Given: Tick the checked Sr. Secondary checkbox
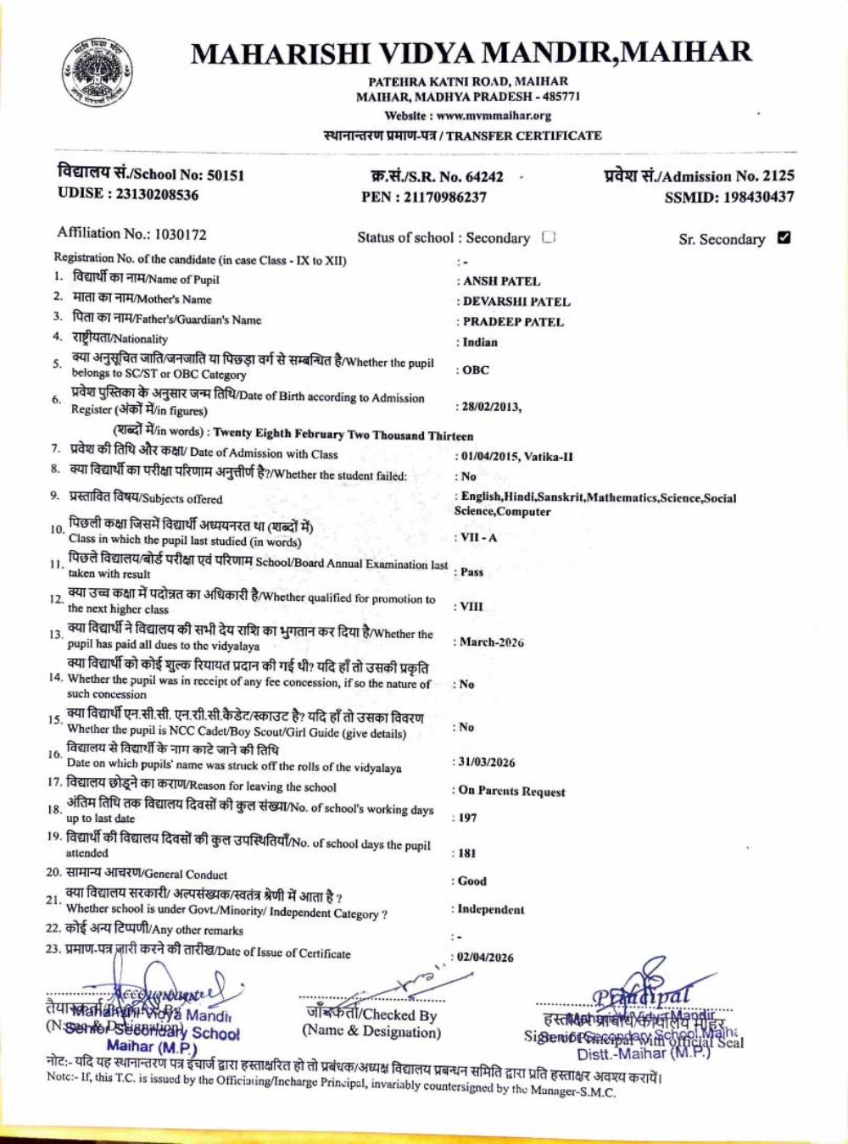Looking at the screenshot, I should coord(784,237).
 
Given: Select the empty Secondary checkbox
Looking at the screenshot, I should coord(548,237).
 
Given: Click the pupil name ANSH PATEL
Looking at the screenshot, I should coord(502,281).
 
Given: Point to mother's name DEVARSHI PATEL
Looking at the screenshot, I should coord(516,302).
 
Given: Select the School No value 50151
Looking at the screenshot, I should coord(226,175).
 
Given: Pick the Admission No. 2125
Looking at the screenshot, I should coord(778,176).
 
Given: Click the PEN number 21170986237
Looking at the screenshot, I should coord(444,197).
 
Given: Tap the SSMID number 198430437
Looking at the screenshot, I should coord(752,197).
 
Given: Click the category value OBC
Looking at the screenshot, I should coord(476,370).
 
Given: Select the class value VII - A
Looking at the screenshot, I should coord(479,538).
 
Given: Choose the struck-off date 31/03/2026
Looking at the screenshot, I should coord(486,762).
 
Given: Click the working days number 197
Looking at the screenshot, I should coord(468,818).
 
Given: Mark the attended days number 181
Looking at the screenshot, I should coord(467,853).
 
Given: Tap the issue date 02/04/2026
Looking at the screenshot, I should coord(486,958).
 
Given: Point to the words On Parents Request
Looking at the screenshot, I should coord(511,791).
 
